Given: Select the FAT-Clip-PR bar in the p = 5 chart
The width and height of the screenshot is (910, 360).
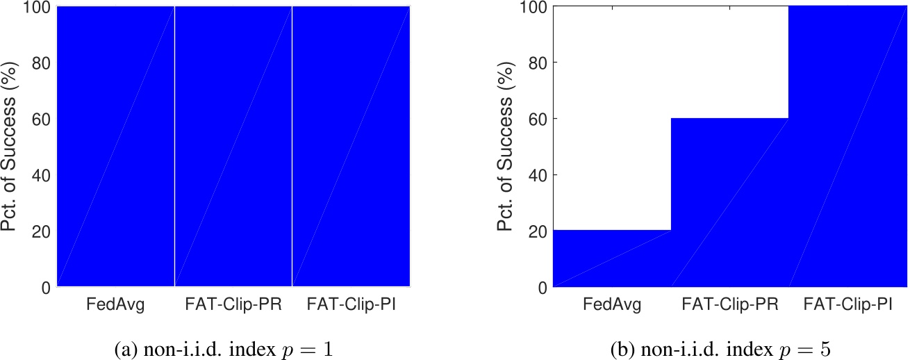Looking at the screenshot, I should pos(729,202).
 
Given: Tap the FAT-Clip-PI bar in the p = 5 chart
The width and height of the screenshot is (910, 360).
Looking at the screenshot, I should pos(847,146).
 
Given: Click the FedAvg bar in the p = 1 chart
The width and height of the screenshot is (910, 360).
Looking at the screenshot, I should pos(115,146).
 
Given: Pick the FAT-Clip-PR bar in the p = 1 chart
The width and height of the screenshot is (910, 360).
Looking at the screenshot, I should pos(233,146).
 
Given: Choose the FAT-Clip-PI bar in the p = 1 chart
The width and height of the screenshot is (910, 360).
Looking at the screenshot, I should pos(351,146).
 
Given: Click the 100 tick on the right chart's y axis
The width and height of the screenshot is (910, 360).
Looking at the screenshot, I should pos(533,7).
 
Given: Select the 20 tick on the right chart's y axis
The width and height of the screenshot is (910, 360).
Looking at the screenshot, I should pos(538,231).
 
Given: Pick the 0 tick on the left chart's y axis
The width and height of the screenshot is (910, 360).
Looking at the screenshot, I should pos(46,287).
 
